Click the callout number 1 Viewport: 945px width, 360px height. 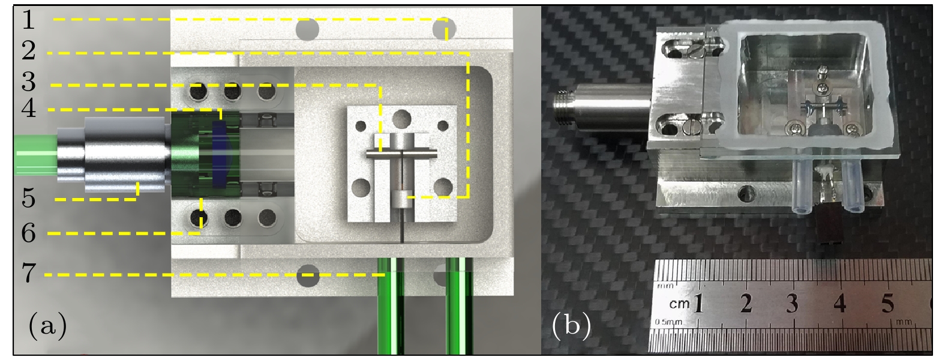tap(28, 19)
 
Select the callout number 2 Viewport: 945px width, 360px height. tap(29, 50)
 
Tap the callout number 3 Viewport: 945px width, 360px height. tap(29, 82)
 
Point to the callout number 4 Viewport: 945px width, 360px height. tap(29, 108)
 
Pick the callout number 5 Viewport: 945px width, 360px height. tap(29, 198)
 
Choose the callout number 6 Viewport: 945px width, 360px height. tap(29, 233)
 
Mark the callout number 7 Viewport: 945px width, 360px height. tap(29, 272)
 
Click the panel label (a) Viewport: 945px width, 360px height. tap(47, 325)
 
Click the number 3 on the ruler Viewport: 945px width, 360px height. tap(792, 303)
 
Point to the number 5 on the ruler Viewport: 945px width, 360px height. tap(887, 303)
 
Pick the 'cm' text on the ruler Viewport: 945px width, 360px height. tap(679, 304)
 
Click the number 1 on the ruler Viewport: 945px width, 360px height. tap(698, 303)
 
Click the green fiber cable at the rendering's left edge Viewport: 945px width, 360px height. tap(35, 155)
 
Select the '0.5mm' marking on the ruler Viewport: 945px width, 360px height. tap(668, 322)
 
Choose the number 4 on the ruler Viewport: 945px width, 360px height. tap(839, 303)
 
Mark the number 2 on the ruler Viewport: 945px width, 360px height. tap(746, 303)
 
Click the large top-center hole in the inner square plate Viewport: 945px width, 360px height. tap(401, 119)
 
